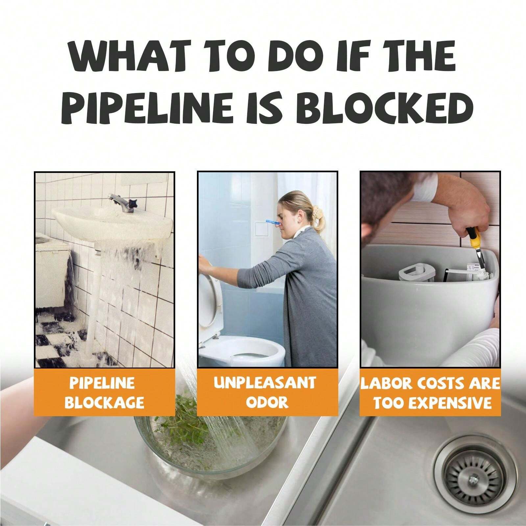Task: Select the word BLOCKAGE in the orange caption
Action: click(x=104, y=402)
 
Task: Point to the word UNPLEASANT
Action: click(x=265, y=383)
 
